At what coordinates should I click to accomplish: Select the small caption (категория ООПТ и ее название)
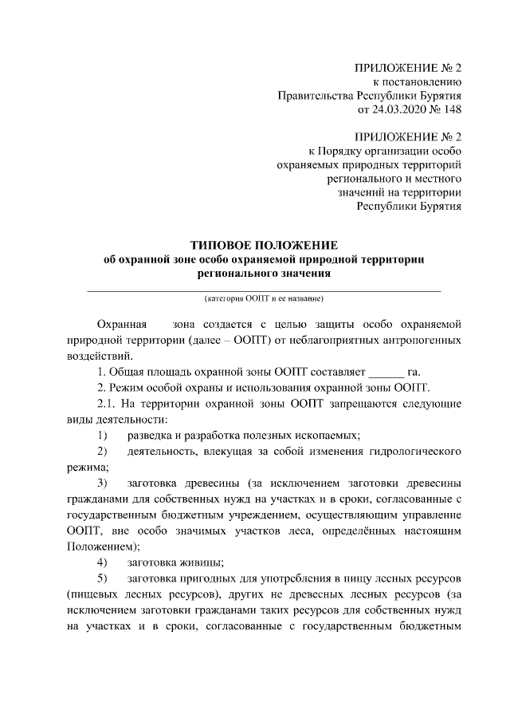(264, 298)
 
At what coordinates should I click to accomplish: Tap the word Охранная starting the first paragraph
(120, 325)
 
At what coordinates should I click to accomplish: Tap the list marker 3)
(101, 483)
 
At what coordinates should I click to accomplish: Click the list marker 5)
(101, 578)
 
